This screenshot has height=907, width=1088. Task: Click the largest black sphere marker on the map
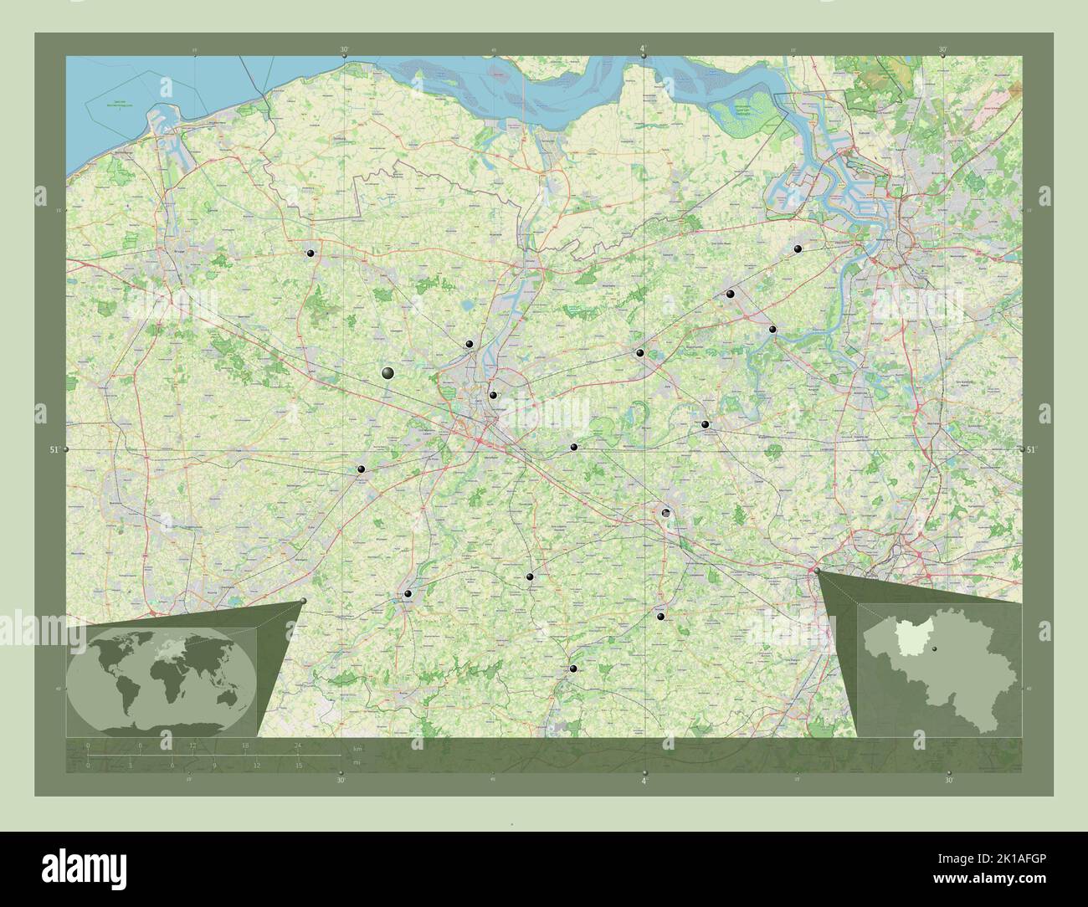[x=387, y=372]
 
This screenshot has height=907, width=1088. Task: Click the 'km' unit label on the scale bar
[x=357, y=747]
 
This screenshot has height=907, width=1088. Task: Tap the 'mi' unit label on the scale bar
[x=357, y=762]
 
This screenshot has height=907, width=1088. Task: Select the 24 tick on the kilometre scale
[x=297, y=746]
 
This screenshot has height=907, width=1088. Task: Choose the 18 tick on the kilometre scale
[x=245, y=746]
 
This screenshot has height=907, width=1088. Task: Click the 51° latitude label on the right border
[x=1031, y=449]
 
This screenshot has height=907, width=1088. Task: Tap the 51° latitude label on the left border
[x=54, y=450]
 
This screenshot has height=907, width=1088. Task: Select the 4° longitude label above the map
[x=643, y=50]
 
